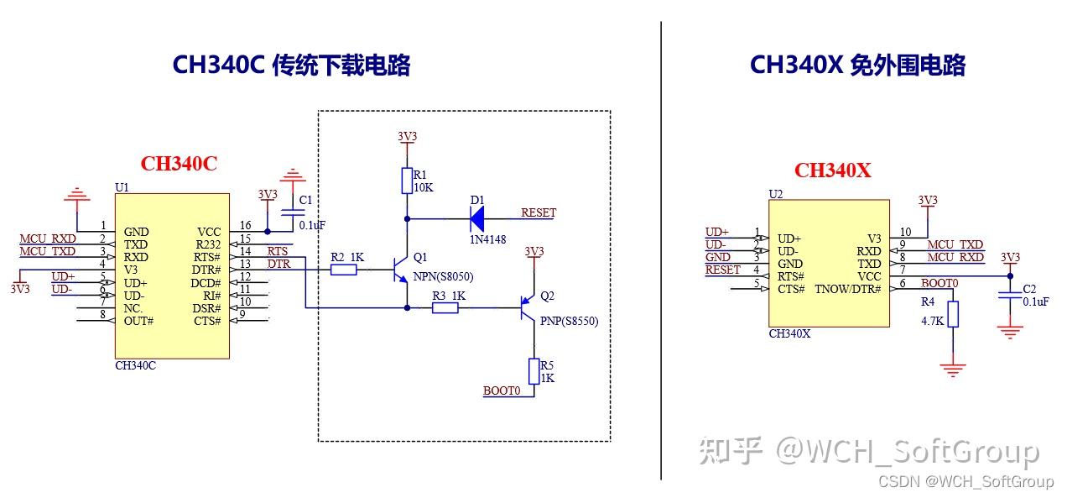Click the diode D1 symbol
coord(477,219)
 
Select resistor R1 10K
coord(407,180)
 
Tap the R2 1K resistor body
coord(343,270)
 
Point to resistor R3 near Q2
coord(445,308)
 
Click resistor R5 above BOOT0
coord(533,370)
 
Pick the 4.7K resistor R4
coord(952,314)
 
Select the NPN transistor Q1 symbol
coord(402,270)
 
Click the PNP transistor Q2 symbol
coord(528,308)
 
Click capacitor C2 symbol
coord(1011,295)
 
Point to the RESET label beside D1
coord(538,212)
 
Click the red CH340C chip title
coord(179,164)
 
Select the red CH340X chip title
coord(832,170)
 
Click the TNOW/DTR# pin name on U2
coord(848,289)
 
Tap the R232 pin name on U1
coord(207,244)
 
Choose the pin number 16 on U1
coord(245,225)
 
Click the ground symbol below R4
coord(952,368)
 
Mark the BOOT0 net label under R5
coord(502,391)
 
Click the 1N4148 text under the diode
coord(487,239)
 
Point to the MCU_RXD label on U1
coord(47,239)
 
